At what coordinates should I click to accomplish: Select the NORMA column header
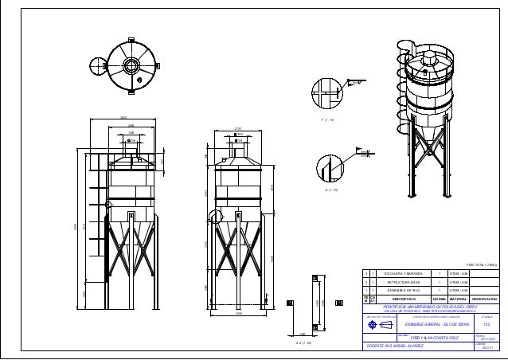pos(439,299)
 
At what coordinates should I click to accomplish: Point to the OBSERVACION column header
pos(484,299)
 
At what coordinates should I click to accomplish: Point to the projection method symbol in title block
pos(376,325)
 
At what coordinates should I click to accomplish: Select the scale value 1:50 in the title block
pos(487,325)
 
